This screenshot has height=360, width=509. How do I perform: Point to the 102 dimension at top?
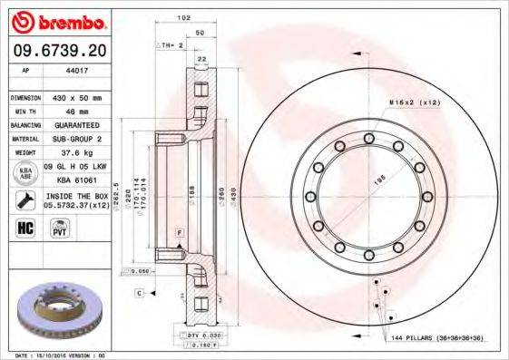(184, 18)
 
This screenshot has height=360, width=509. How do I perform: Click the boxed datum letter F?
(180, 234)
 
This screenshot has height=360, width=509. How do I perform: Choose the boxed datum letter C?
(141, 292)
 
